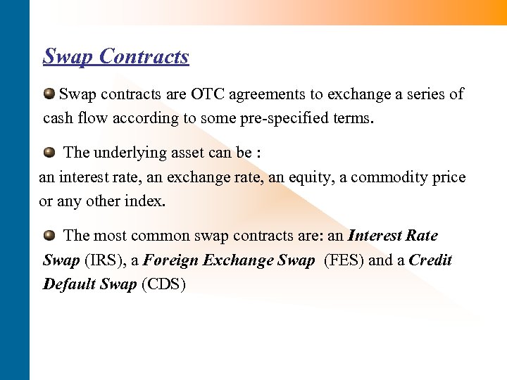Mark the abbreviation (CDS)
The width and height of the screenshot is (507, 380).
coord(163,285)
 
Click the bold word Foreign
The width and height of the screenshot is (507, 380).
coord(171,260)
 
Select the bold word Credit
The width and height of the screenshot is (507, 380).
coord(430,260)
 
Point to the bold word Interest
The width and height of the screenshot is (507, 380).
coord(375,236)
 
